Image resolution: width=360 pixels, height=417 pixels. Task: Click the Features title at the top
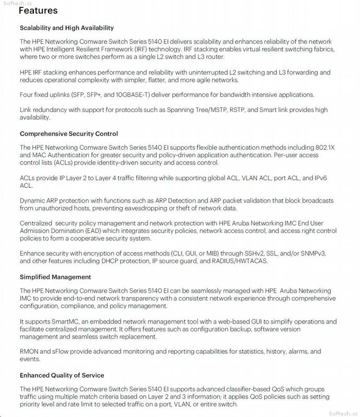click(38, 10)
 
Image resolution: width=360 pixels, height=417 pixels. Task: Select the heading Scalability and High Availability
click(67, 28)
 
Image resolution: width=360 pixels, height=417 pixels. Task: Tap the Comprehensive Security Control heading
click(69, 134)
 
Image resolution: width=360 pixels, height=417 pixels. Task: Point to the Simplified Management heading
click(55, 277)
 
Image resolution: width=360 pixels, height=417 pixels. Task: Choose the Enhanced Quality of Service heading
click(62, 375)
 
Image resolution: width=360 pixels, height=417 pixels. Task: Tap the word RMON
click(30, 352)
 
